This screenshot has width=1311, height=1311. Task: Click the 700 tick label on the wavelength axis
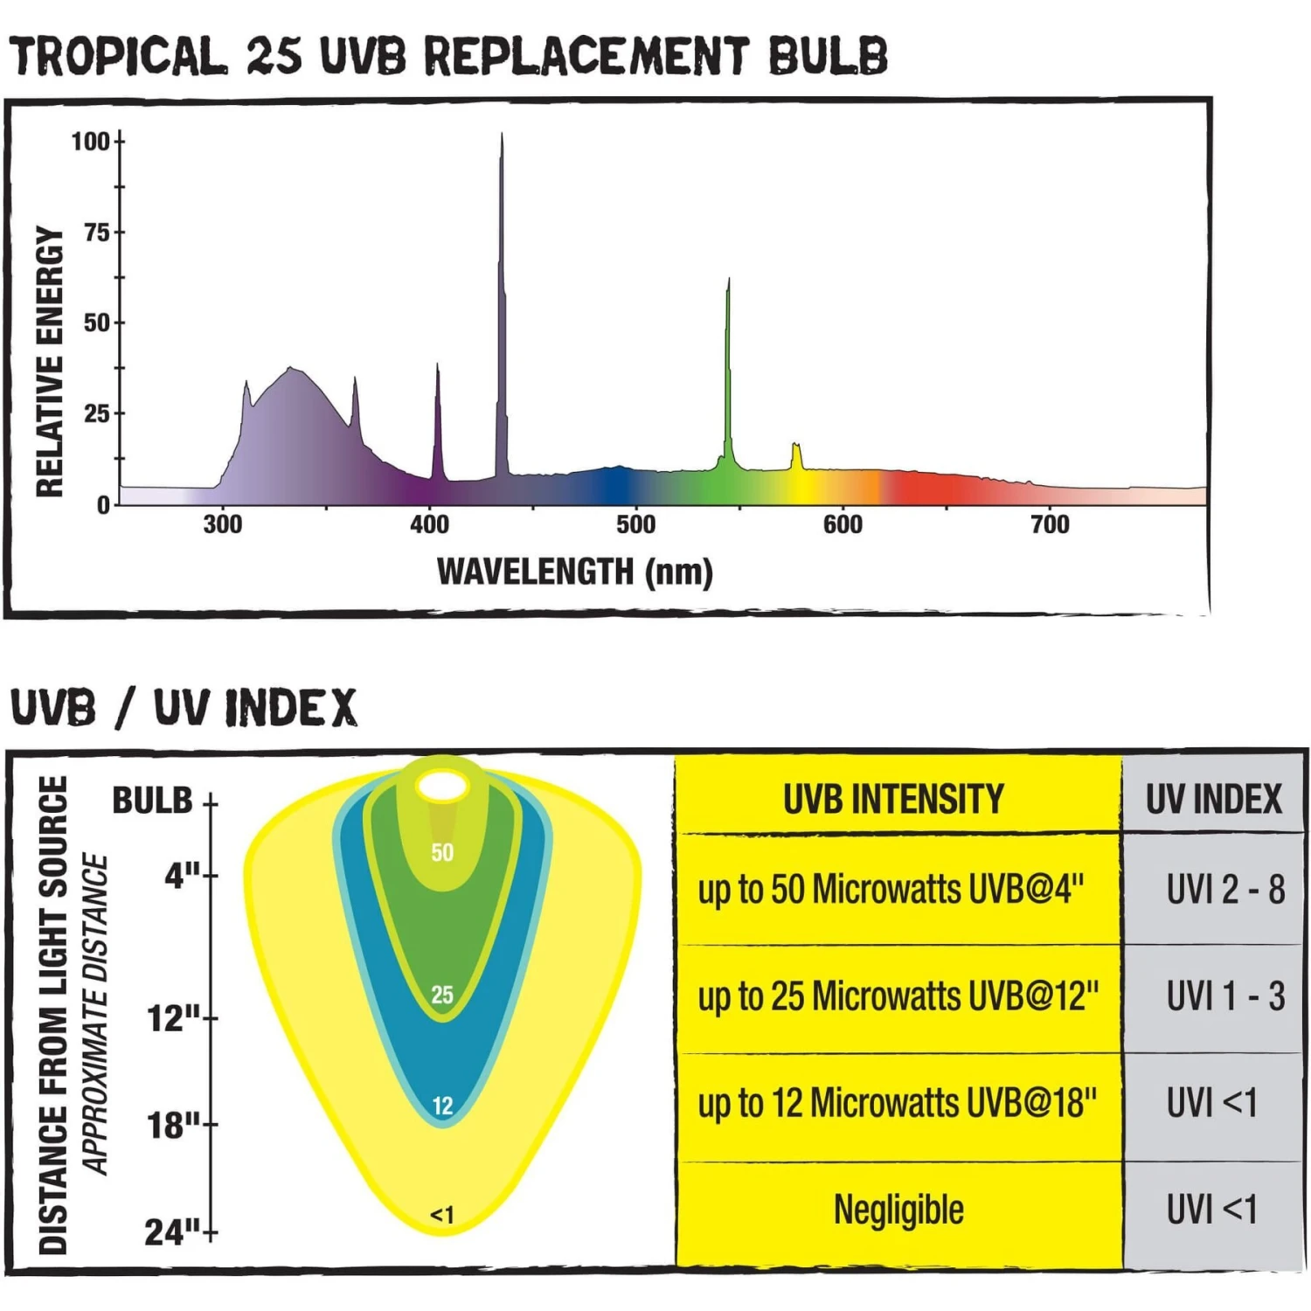(1050, 524)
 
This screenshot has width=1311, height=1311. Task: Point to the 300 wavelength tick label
(222, 524)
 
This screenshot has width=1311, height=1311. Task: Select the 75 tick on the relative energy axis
(96, 232)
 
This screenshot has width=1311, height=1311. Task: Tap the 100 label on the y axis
(90, 142)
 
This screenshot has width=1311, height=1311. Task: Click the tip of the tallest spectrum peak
(502, 135)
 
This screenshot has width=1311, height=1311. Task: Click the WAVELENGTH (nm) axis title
(574, 572)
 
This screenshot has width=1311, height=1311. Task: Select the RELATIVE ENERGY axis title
(50, 362)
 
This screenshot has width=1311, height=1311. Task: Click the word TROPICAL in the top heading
(118, 57)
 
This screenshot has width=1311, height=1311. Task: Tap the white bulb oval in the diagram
(442, 786)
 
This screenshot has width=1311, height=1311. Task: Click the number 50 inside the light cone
(442, 852)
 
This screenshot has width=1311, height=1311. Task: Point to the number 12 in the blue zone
(442, 1106)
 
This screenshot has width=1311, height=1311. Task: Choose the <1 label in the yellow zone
(442, 1215)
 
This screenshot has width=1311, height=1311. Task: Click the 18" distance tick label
(173, 1126)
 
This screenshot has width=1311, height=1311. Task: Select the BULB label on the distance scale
(152, 801)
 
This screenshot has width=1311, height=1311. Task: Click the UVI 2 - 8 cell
(1224, 890)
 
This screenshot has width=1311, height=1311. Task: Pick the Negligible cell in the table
(898, 1210)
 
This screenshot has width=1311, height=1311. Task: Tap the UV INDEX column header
(1213, 799)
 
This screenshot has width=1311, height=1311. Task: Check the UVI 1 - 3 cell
(1224, 996)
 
